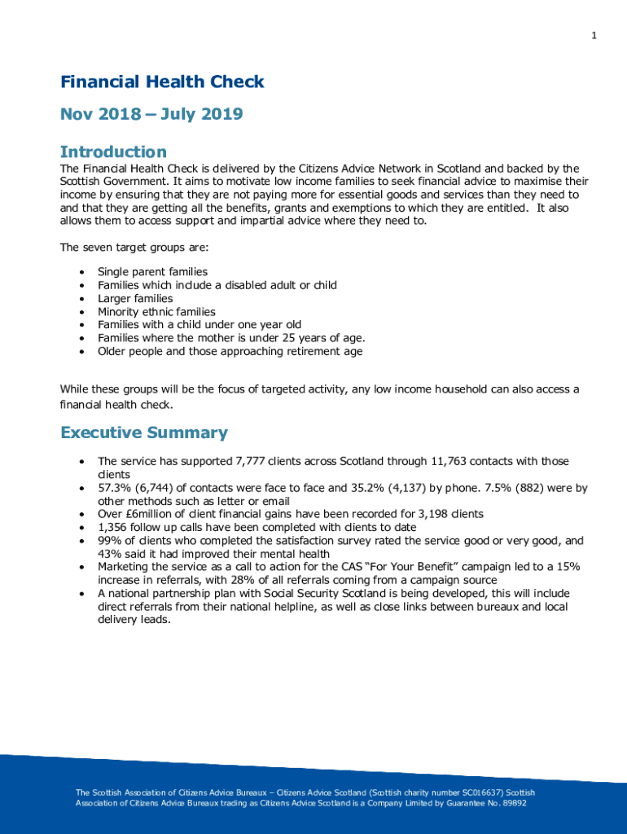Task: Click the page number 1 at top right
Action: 594,35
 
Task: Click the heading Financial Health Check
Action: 162,81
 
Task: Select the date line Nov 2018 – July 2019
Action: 151,114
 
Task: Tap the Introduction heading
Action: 113,152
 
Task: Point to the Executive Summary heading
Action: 144,433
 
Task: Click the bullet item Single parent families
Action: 152,272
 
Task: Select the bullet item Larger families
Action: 135,299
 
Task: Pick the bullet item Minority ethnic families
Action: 156,312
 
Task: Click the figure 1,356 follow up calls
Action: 114,528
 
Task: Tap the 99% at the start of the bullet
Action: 108,541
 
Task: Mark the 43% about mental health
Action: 109,554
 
